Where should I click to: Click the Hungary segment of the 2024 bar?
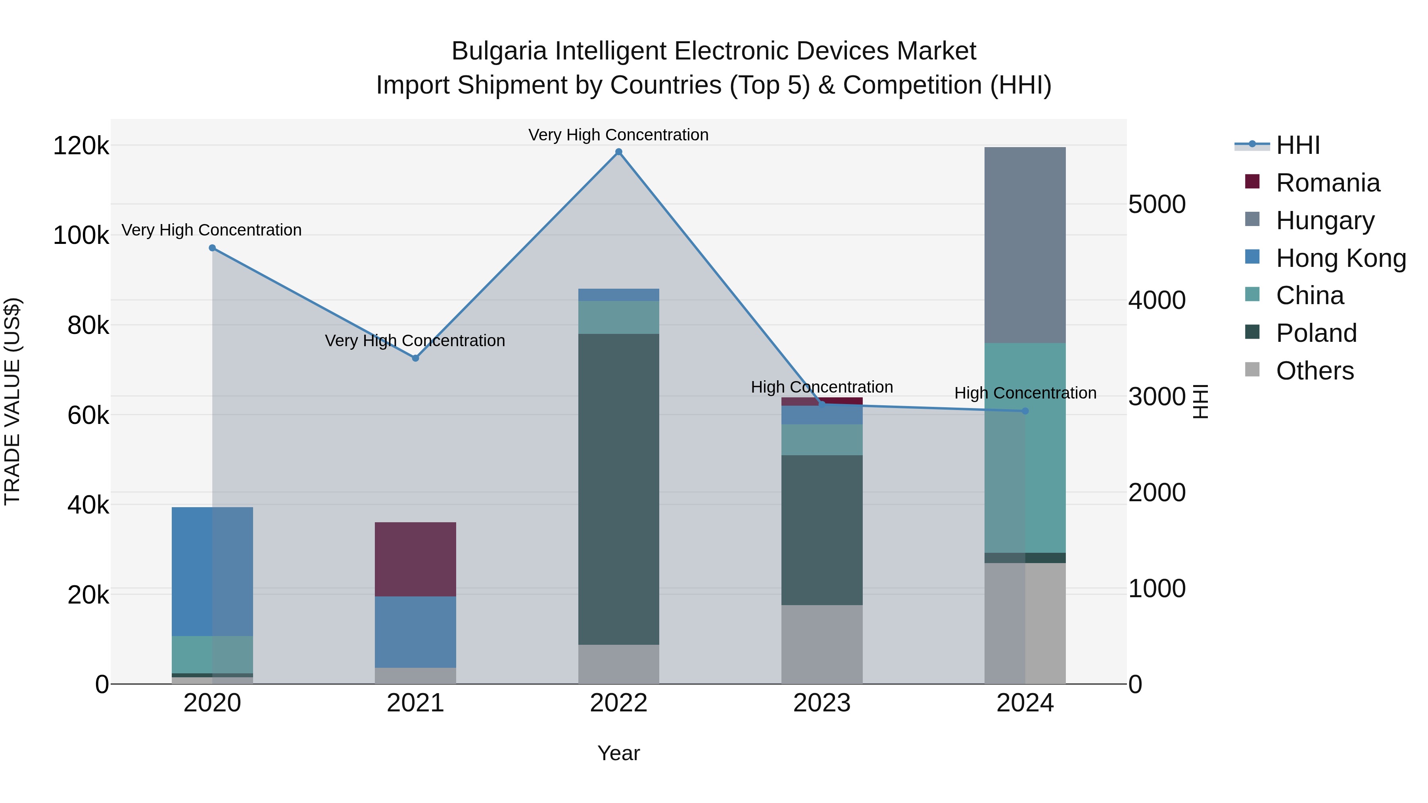[1025, 245]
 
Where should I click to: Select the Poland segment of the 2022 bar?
[619, 489]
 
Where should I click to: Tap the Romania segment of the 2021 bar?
[415, 559]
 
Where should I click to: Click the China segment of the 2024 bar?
[1025, 448]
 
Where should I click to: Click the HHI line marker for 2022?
[619, 152]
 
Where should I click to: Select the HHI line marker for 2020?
[212, 248]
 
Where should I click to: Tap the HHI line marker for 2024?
[1025, 411]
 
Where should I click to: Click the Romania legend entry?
[1327, 183]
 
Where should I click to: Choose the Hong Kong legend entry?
[1340, 258]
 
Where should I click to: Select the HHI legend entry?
[1297, 145]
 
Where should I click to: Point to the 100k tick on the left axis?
[81, 236]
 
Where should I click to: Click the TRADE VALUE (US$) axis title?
[12, 401]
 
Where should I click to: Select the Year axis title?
[619, 753]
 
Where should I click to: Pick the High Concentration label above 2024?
[1025, 393]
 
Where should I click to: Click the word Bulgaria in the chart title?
[499, 51]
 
